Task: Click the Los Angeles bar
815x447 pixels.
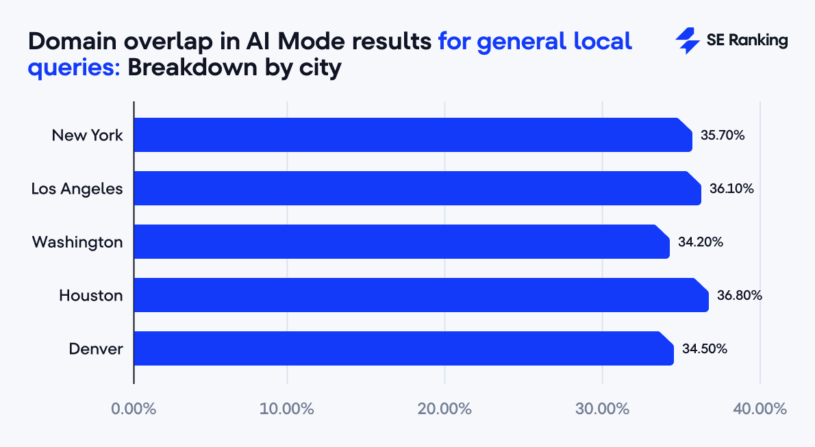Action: pyautogui.click(x=417, y=188)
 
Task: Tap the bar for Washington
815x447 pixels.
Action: pyautogui.click(x=401, y=242)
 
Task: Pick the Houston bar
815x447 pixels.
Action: pyautogui.click(x=421, y=295)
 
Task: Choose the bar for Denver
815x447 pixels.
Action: pyautogui.click(x=403, y=348)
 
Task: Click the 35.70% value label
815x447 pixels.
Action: pyautogui.click(x=723, y=135)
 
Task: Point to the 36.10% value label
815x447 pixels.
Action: pyautogui.click(x=731, y=188)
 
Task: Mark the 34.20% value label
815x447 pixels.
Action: pyautogui.click(x=701, y=242)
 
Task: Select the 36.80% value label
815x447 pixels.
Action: pyautogui.click(x=740, y=295)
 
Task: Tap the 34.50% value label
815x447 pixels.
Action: pyautogui.click(x=705, y=348)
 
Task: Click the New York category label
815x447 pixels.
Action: pyautogui.click(x=88, y=135)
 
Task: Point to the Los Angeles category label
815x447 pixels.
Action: pyautogui.click(x=77, y=188)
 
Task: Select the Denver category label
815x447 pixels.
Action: pyautogui.click(x=96, y=348)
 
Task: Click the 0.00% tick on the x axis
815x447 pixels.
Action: pyautogui.click(x=134, y=409)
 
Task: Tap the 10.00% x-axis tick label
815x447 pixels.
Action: pyautogui.click(x=287, y=409)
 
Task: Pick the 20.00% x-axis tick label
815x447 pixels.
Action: pyautogui.click(x=444, y=409)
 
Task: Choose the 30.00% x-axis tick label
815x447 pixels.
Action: pyautogui.click(x=602, y=409)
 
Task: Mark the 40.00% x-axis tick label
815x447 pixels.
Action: pyautogui.click(x=760, y=409)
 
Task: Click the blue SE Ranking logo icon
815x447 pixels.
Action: pyautogui.click(x=687, y=41)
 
